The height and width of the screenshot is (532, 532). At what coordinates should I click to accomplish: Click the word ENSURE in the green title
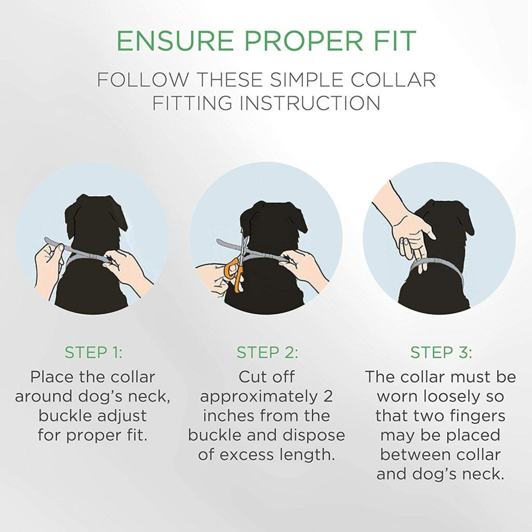[175, 41]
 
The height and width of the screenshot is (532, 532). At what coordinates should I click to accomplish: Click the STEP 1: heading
[94, 353]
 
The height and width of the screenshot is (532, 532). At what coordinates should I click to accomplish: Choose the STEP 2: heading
[268, 353]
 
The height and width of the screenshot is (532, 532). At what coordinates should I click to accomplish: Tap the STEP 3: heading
[441, 353]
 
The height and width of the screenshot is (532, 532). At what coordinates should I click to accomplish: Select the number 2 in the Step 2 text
[327, 396]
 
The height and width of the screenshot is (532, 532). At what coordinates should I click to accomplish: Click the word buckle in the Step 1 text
[62, 416]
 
